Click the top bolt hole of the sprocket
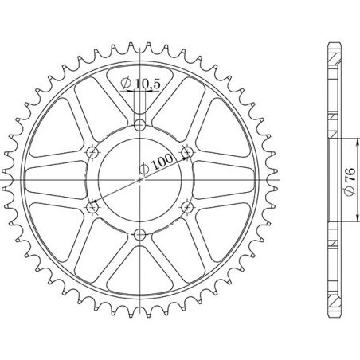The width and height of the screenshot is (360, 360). [x=140, y=124]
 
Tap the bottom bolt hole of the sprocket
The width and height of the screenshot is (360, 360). [x=140, y=234]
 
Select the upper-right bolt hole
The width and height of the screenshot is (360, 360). [x=188, y=151]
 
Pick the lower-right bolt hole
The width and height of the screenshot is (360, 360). [x=188, y=207]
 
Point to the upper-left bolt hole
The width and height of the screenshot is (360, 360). [x=92, y=151]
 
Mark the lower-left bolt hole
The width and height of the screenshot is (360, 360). [x=92, y=207]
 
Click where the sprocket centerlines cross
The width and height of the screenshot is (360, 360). [x=140, y=179]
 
